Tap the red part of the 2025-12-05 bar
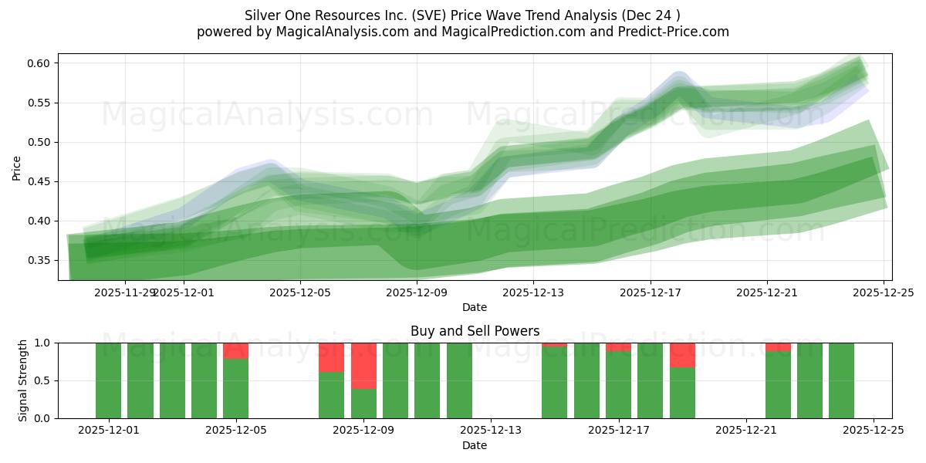point(235,351)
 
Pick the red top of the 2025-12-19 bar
point(682,355)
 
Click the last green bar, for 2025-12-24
point(841,380)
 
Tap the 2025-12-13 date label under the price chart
point(533,292)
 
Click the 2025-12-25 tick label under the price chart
point(883,292)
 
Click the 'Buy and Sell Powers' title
point(475,331)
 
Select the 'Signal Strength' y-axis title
point(23,380)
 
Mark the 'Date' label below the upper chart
point(475,307)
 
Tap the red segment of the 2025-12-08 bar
point(331,357)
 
